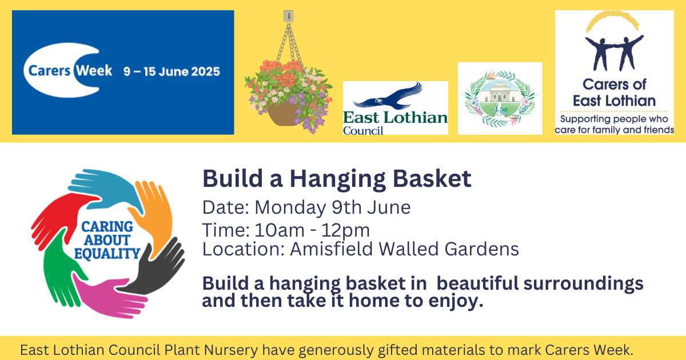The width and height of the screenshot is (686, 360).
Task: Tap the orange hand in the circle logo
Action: [155, 214]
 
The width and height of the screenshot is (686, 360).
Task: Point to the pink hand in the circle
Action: [107, 297]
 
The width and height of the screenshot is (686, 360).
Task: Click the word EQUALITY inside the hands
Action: [107, 254]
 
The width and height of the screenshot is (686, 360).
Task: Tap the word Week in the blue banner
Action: [94, 71]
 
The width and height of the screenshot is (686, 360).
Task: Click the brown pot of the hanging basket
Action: [281, 114]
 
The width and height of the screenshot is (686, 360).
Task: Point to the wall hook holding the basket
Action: [288, 16]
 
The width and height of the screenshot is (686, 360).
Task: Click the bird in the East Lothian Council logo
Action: [388, 96]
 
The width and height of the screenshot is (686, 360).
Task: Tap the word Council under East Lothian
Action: [363, 131]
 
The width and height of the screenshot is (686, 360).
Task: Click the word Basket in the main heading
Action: [432, 178]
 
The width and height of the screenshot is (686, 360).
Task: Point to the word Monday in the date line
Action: [290, 207]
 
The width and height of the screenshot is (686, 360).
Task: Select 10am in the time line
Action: [280, 230]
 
